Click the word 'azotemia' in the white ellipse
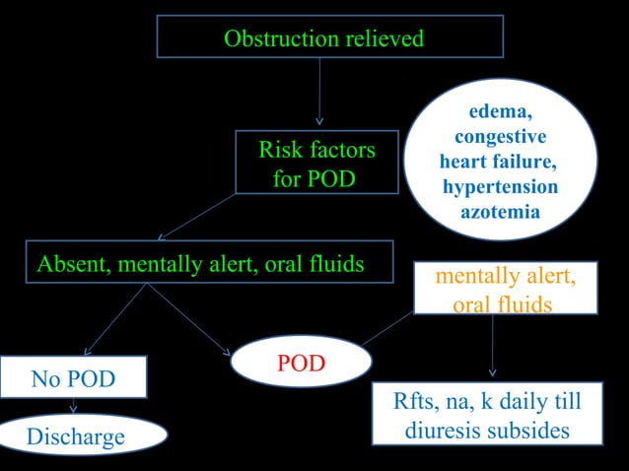500,211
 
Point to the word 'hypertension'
500,187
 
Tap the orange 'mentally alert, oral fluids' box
506,289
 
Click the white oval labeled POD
301,363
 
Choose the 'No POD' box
73,378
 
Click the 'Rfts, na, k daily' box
487,417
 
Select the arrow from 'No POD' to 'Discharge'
73,405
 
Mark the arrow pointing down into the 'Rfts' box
492,345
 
